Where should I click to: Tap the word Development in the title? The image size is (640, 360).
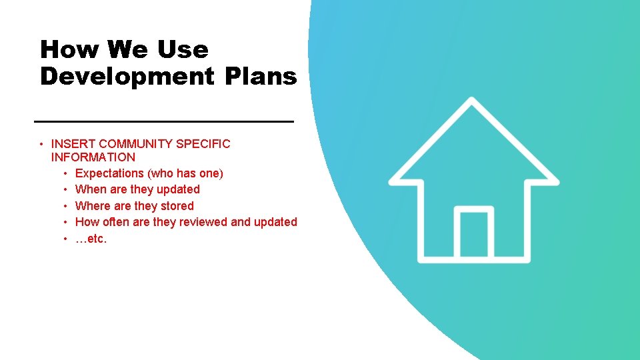point(121,77)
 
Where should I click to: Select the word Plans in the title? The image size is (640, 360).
point(261,77)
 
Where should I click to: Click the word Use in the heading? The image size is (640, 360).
point(183,49)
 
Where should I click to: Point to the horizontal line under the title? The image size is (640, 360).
point(163,121)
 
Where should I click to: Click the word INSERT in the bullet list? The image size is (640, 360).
point(73,144)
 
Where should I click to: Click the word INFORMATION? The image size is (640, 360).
point(93,158)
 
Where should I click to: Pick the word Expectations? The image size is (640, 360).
point(110,174)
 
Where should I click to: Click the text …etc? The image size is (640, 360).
point(91,239)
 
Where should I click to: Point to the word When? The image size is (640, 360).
point(91,190)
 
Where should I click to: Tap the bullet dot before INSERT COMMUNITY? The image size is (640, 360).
point(41,144)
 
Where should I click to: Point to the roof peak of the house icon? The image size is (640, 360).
point(473,102)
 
